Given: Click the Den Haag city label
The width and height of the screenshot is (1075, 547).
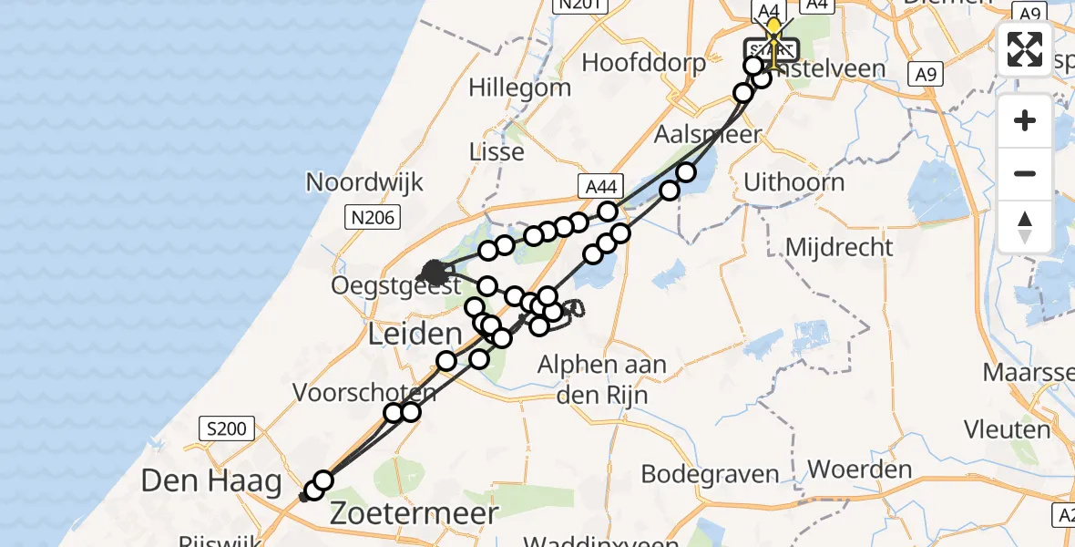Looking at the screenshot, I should (x=210, y=480).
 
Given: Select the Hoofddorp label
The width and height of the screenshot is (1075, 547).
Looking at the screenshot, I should (x=644, y=63).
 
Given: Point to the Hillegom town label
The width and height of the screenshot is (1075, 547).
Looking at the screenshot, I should (x=520, y=88).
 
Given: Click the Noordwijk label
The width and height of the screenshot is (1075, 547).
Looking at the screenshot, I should (x=364, y=181).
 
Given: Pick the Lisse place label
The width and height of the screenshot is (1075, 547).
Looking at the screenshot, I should (x=497, y=151).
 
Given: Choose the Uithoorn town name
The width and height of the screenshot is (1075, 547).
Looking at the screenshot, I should (x=793, y=181).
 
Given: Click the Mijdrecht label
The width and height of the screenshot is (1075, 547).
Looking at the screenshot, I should (x=839, y=246).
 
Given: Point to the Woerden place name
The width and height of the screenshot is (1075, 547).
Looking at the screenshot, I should (x=860, y=470).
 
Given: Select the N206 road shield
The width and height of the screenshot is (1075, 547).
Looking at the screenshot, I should (x=368, y=216).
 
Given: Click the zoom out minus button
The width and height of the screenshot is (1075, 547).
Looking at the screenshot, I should (x=1025, y=173).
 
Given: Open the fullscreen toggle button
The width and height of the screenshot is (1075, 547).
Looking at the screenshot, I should (x=1025, y=49).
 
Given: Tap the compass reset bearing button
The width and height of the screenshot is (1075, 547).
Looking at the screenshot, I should (x=1025, y=226).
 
